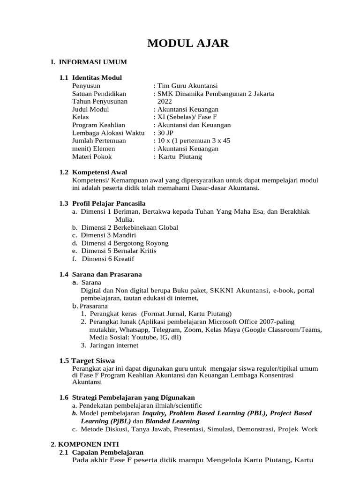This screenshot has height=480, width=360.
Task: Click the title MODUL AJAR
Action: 188,44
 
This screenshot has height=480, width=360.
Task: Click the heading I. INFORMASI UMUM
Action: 89,62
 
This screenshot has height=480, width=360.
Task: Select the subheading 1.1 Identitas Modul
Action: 90,78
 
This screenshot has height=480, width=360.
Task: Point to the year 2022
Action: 165,101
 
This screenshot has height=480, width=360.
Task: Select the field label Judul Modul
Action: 90,109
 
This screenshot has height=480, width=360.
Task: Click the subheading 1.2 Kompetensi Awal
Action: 93,172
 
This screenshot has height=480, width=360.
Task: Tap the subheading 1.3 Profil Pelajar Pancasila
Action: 102,203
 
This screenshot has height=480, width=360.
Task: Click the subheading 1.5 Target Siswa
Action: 87,361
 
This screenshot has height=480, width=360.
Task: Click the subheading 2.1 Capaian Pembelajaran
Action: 101,452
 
